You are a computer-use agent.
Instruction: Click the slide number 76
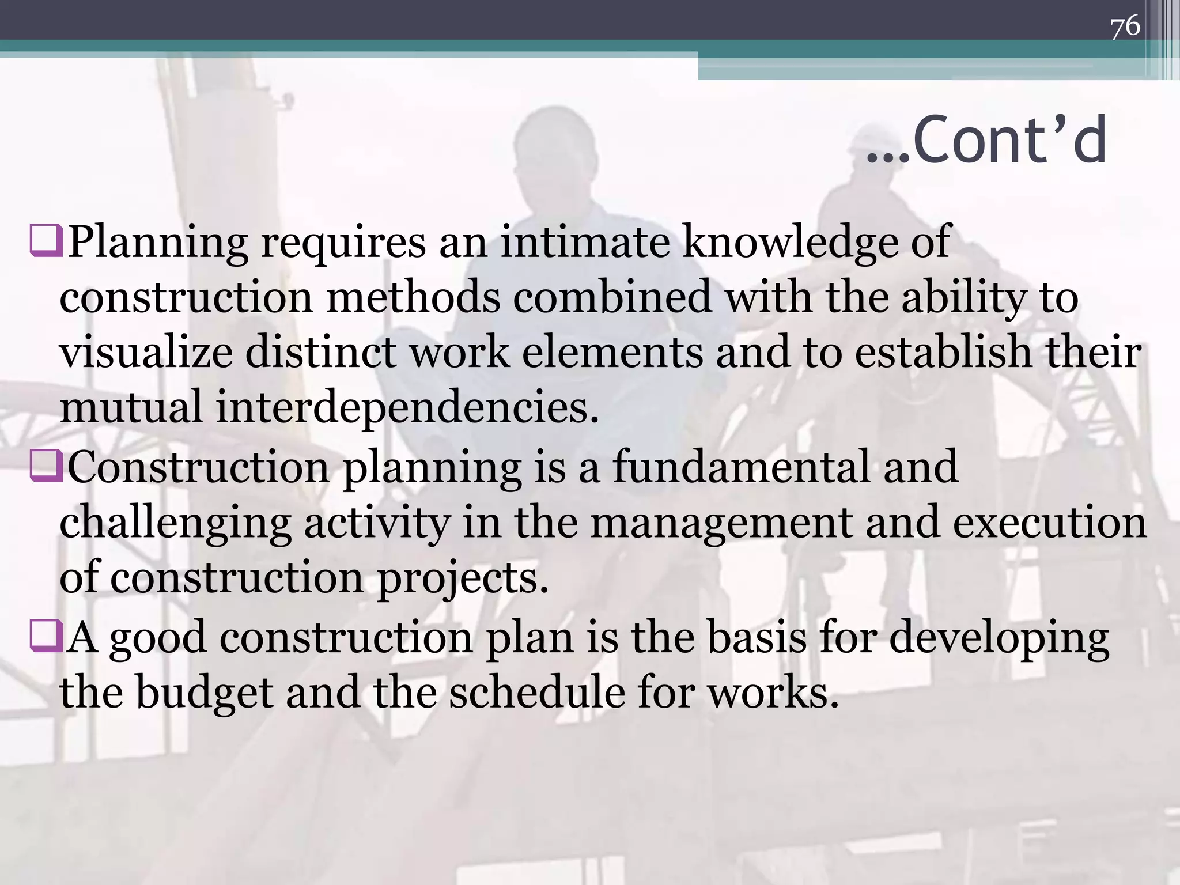[1125, 27]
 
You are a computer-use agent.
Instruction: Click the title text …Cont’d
[986, 140]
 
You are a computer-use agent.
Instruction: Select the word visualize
[146, 353]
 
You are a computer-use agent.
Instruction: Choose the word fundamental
[740, 467]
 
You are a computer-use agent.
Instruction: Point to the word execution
[1049, 522]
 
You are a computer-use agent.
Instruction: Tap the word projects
[462, 578]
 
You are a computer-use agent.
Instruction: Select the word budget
[204, 692]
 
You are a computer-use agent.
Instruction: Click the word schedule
[536, 691]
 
